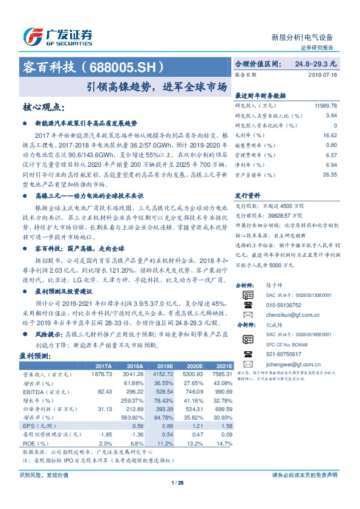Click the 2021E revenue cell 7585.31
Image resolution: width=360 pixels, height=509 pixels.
(x=221, y=375)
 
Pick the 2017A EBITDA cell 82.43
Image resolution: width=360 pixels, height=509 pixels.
(x=105, y=392)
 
